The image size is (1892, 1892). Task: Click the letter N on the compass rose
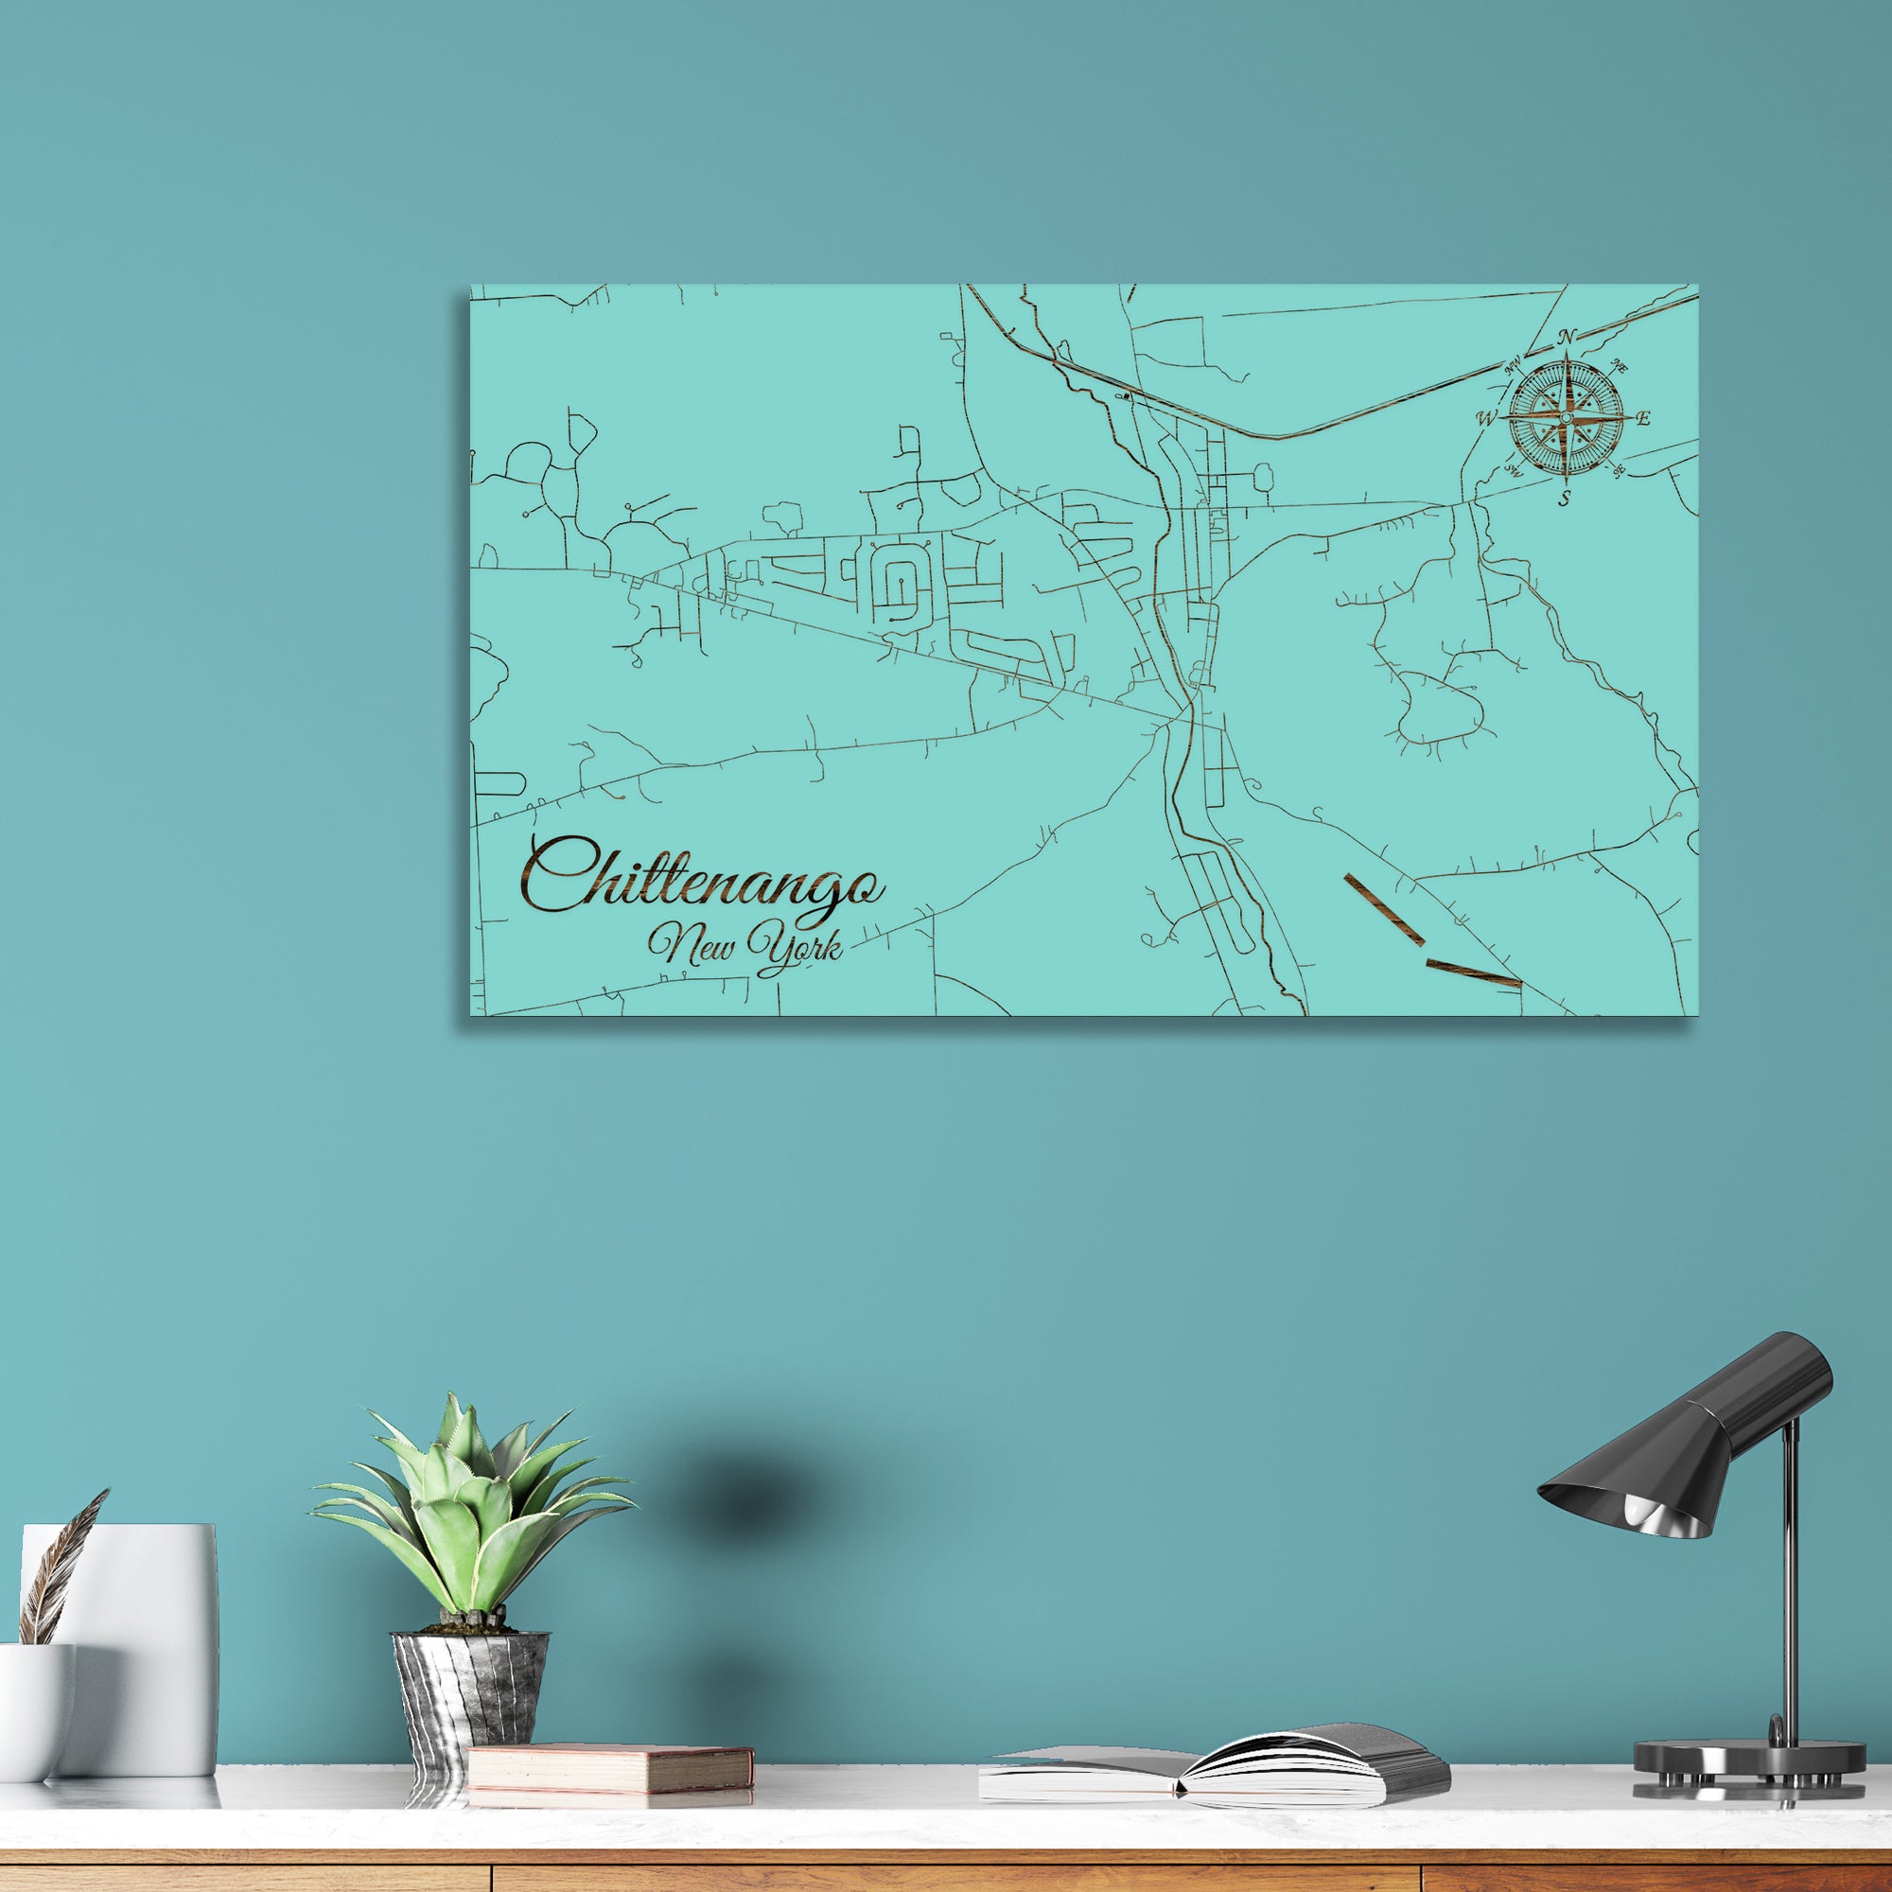pos(1566,337)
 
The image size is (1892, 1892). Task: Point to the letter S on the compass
pos(1564,499)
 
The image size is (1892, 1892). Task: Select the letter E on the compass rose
pos(1643,419)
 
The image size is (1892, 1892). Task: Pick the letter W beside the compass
pos(1486,419)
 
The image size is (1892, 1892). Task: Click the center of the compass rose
pos(1566,419)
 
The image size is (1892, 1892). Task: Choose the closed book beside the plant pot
pos(609,1769)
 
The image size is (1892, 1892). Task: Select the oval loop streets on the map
pos(896,586)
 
